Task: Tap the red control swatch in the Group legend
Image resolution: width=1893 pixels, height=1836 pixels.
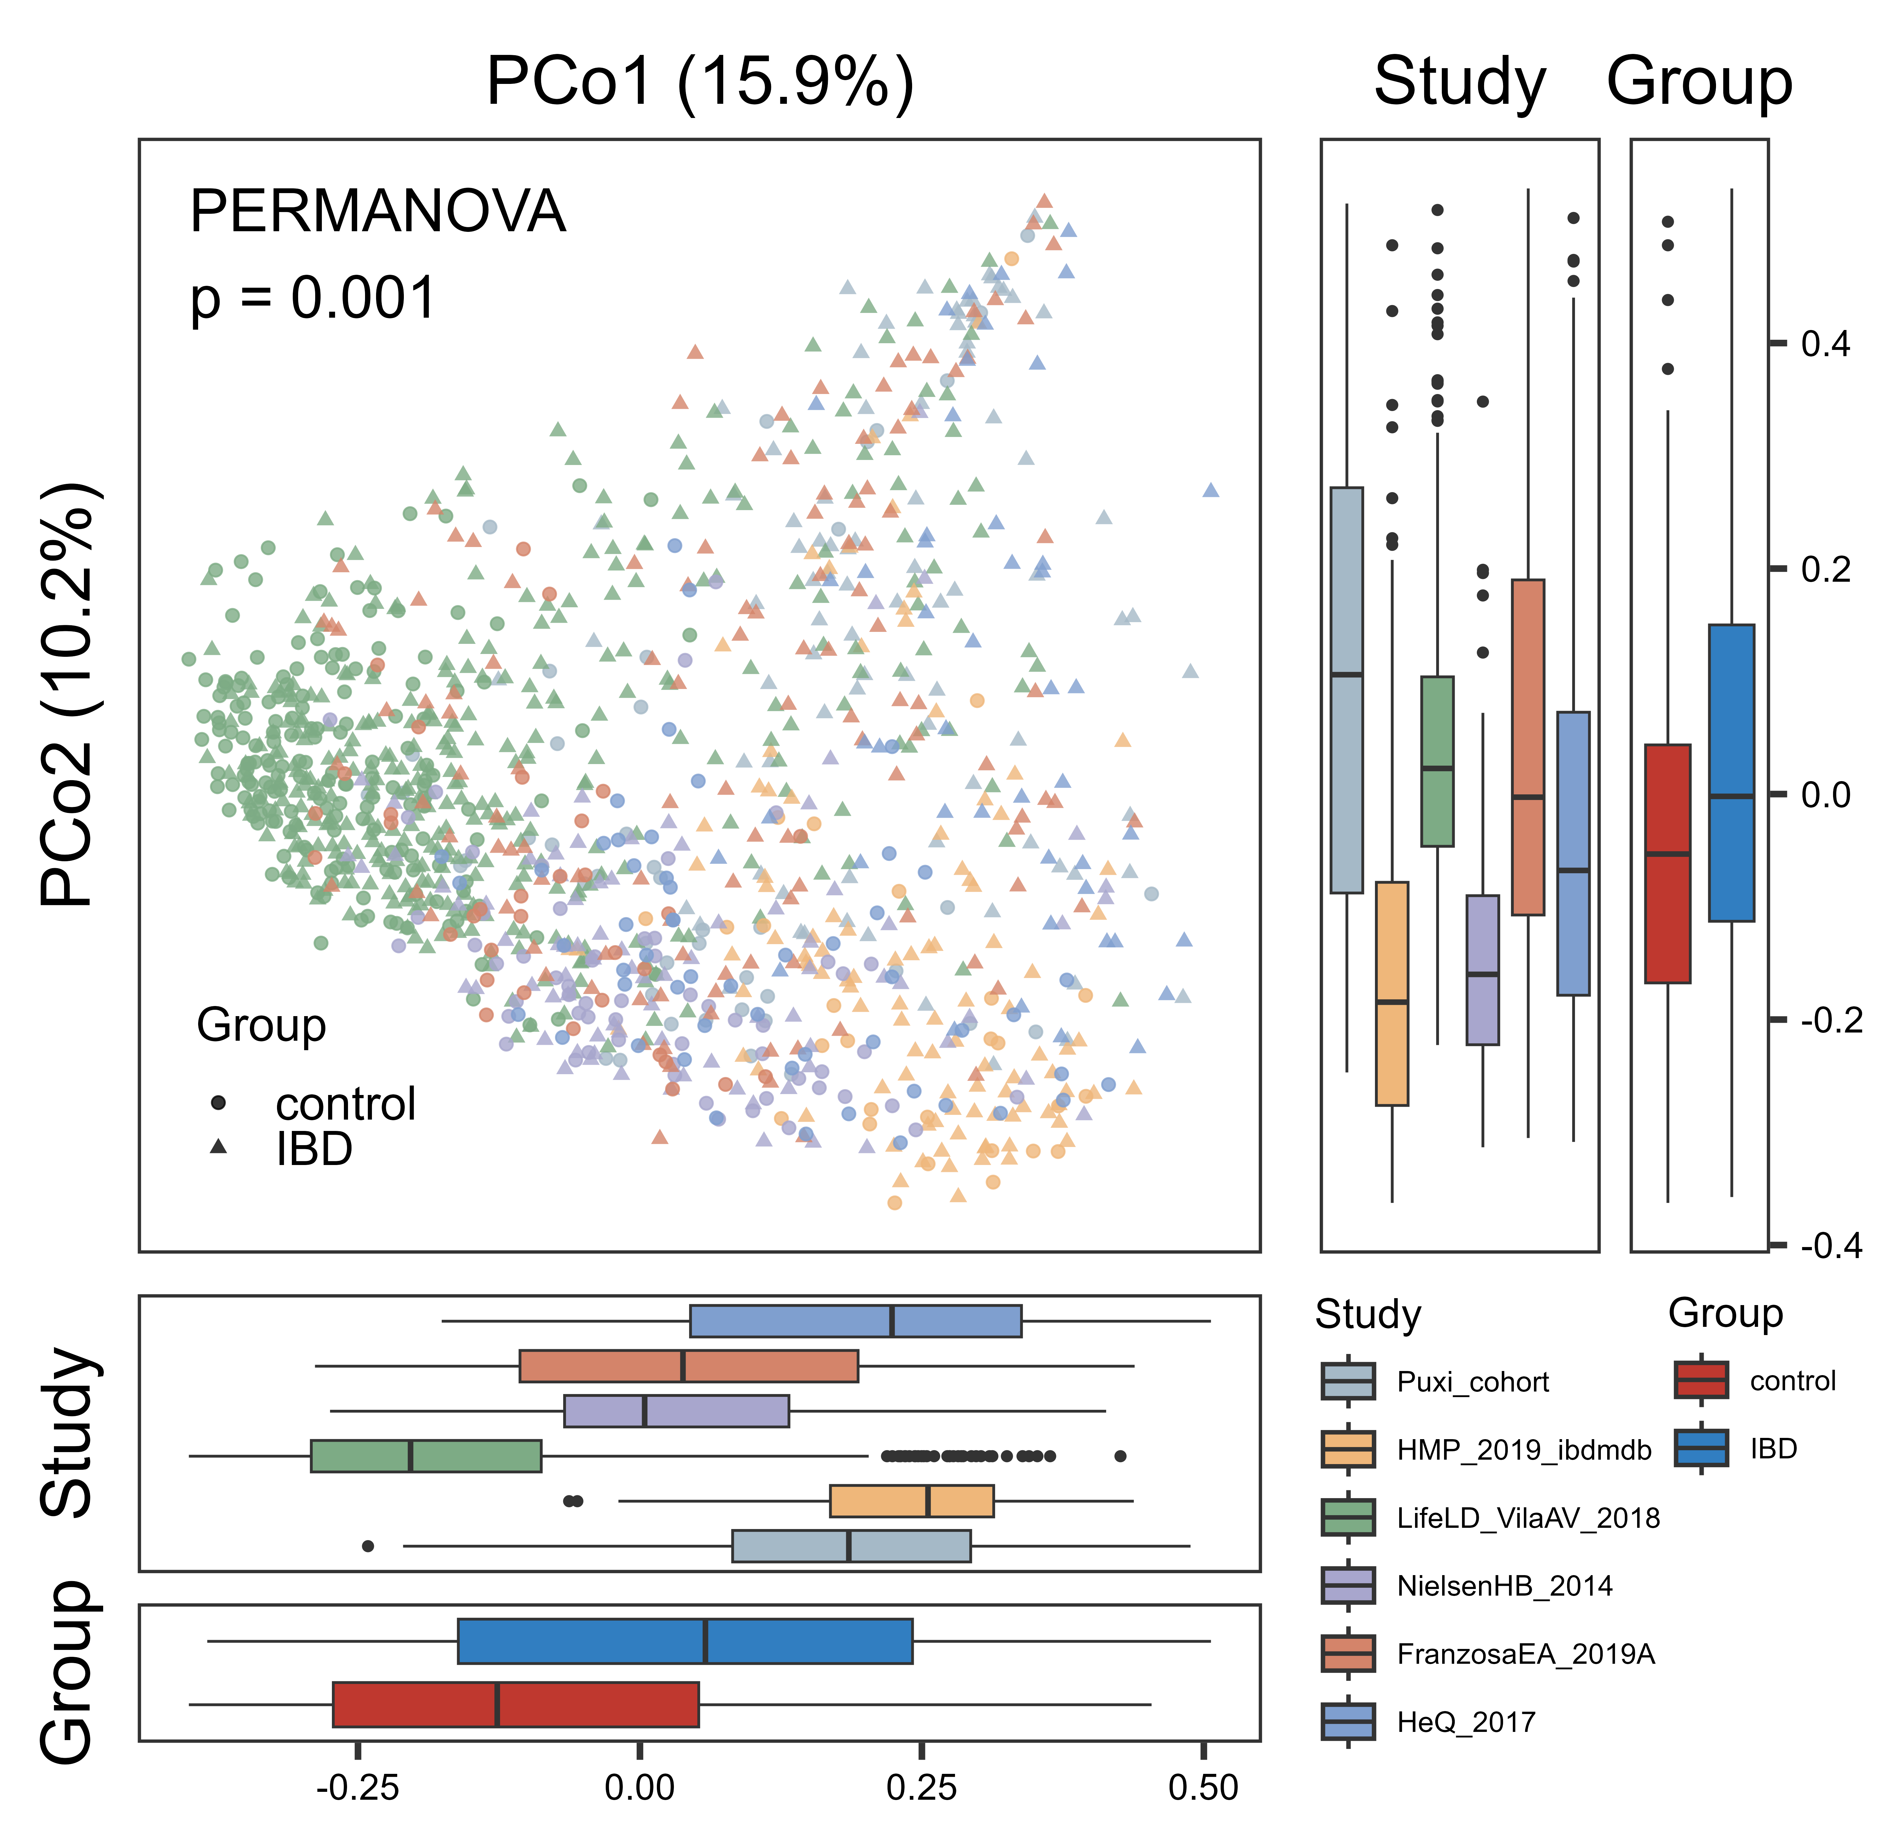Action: coord(1701,1380)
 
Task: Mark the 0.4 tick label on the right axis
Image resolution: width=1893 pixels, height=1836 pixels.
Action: coord(1825,344)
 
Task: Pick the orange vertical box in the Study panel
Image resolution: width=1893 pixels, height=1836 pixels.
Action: coord(1392,993)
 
